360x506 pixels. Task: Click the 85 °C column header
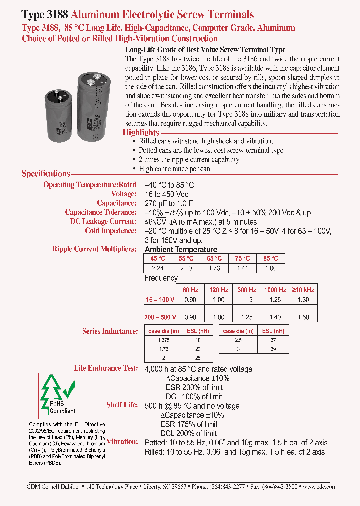point(271,259)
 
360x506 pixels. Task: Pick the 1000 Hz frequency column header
point(275,290)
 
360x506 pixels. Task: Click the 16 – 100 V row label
point(160,299)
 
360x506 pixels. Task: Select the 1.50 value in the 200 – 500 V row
point(303,317)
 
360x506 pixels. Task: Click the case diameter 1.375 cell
point(163,340)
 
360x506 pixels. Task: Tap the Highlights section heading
point(141,133)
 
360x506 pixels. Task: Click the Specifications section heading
point(46,174)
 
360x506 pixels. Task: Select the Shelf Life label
point(122,405)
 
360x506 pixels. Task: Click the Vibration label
point(122,442)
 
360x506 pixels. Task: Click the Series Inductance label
point(110,331)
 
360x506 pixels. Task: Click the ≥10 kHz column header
point(303,290)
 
